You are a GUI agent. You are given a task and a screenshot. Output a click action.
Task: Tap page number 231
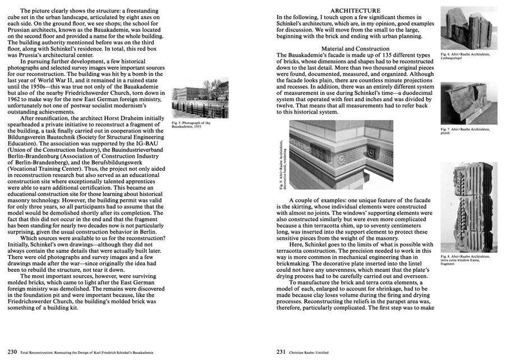283,352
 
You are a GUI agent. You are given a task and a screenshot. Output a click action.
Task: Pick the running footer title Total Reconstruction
81,352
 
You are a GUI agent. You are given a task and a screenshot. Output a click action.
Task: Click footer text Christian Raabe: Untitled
316,352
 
